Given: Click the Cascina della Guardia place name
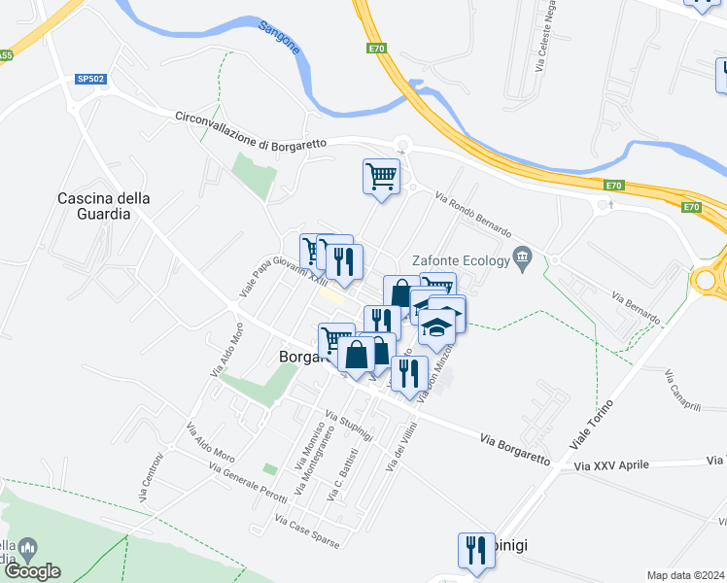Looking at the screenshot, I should click(x=104, y=205).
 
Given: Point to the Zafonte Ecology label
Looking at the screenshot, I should click(x=461, y=259).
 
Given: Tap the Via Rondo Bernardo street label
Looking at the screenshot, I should click(x=473, y=215).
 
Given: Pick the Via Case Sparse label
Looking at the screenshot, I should click(x=307, y=532).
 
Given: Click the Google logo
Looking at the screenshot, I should click(x=32, y=571).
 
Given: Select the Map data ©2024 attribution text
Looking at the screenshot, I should click(x=685, y=575).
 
